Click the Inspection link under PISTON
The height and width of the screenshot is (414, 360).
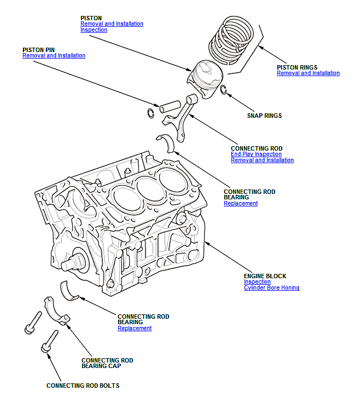94,30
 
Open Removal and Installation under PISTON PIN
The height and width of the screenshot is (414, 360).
54,55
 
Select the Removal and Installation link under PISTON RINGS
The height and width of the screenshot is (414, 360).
308,73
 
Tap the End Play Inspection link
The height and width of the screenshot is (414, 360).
256,154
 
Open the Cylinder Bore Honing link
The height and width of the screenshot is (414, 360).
271,288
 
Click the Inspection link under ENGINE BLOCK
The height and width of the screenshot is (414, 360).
257,281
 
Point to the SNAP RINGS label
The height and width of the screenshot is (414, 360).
264,116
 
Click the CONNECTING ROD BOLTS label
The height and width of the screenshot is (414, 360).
83,386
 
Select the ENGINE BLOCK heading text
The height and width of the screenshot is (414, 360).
265,276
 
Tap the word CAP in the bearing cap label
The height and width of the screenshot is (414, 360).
114,366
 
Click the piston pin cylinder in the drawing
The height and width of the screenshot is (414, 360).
170,106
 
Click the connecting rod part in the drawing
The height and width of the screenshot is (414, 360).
182,116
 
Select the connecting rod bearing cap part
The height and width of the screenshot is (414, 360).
56,312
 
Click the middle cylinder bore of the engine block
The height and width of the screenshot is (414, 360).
150,189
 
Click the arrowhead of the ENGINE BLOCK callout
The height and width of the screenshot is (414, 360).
207,243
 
